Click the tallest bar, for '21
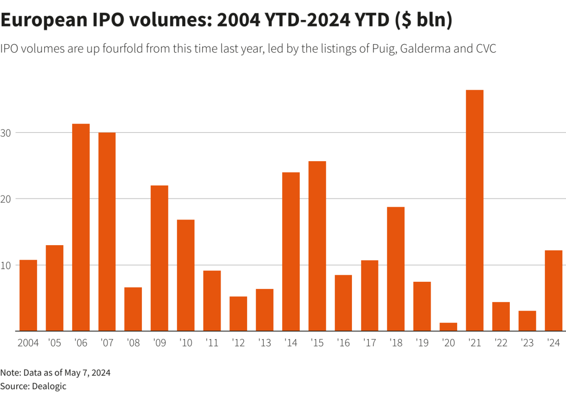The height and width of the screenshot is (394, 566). pos(474,210)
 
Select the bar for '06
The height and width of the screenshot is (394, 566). pos(81,227)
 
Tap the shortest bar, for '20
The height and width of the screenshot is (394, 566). pos(448,326)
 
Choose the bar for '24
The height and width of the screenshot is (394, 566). pos(553,290)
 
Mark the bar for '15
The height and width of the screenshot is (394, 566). pos(317,246)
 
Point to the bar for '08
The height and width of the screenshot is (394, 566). pos(133,309)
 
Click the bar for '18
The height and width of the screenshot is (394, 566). pos(396,269)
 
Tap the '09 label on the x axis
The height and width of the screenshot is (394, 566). pos(159,343)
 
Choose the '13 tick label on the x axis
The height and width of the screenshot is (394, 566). pos(264,343)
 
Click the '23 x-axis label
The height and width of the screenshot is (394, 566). pos(527,343)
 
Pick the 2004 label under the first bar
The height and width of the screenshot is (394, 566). pos(28,343)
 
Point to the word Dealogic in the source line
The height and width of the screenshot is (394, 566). pos(49,386)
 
